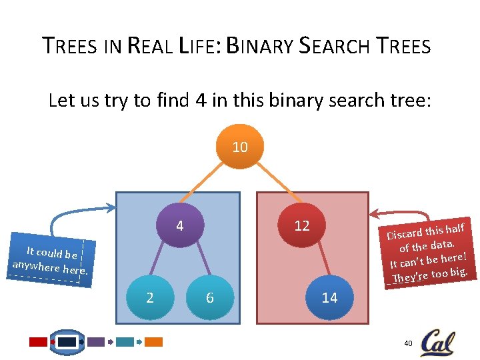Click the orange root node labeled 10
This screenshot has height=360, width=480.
240,147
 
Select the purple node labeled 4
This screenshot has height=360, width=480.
179,226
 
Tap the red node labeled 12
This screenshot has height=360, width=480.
302,226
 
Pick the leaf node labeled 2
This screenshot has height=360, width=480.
149,298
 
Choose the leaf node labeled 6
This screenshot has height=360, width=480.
209,298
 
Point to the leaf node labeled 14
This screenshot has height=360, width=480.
329,298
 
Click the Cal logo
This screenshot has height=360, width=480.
437,341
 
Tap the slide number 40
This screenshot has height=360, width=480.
408,343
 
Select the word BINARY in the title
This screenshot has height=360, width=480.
259,47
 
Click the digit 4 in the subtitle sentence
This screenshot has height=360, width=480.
200,101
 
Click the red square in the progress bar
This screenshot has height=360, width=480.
39,342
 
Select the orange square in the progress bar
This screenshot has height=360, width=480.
154,342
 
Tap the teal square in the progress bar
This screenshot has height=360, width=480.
125,342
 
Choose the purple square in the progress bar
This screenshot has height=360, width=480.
96,342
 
